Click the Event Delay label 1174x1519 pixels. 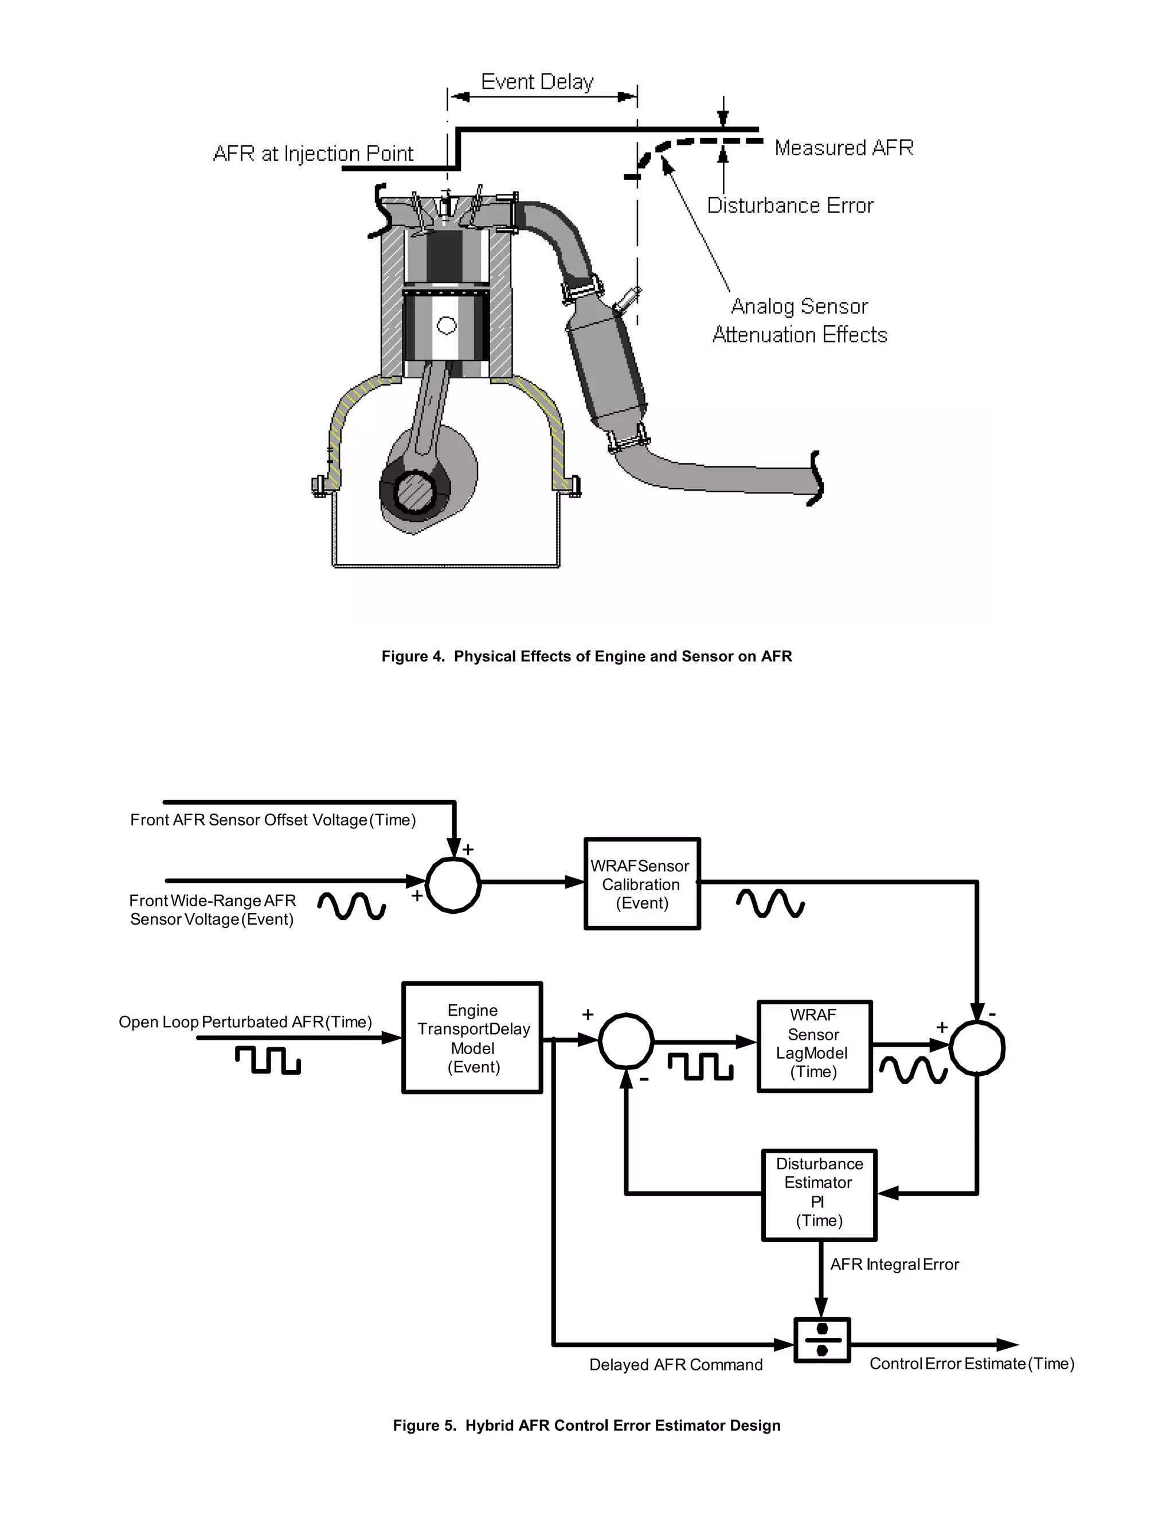(537, 82)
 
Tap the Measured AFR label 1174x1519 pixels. (844, 147)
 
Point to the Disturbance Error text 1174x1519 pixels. (790, 205)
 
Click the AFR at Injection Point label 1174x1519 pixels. (313, 154)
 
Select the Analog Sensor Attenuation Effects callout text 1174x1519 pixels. (800, 320)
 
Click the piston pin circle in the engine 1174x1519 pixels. (446, 325)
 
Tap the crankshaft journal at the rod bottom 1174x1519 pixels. (414, 491)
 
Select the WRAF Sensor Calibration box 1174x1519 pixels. (641, 884)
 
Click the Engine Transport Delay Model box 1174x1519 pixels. (472, 1038)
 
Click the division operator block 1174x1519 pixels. (821, 1340)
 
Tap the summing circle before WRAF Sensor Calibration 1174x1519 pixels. (453, 884)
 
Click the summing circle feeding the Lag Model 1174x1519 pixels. (626, 1040)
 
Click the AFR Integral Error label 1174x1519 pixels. (894, 1264)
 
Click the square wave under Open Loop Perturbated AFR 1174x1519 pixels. (268, 1060)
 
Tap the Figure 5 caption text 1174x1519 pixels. (586, 1425)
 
